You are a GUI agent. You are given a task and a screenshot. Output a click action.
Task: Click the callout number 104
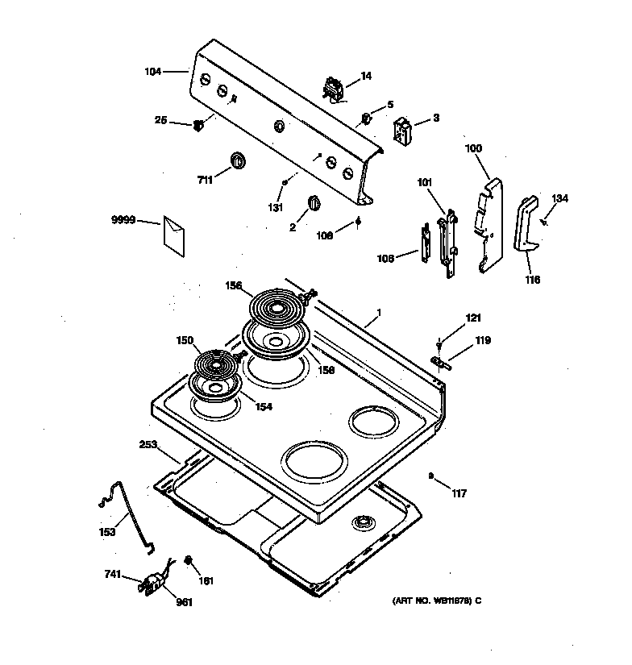[153, 72]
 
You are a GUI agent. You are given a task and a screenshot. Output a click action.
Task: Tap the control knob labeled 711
[237, 160]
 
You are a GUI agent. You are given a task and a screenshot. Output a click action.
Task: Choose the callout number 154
[264, 407]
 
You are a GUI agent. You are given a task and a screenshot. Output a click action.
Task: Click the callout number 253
[149, 444]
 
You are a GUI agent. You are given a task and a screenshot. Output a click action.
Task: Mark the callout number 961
[185, 602]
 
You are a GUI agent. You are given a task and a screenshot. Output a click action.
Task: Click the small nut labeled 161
[188, 560]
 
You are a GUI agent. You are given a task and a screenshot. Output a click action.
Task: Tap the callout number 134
[559, 199]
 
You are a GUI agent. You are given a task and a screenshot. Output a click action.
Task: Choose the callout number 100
[474, 149]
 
